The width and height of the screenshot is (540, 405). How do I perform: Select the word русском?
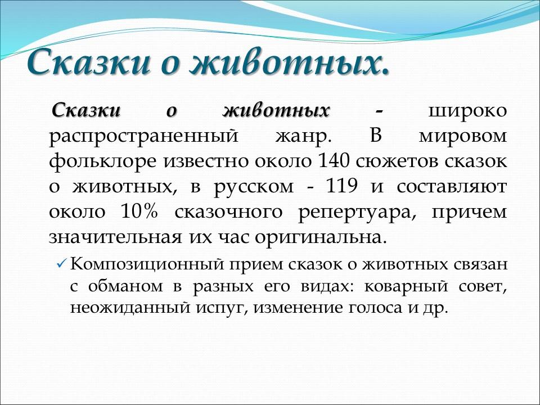(252, 187)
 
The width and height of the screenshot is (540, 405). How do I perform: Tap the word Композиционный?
(142, 263)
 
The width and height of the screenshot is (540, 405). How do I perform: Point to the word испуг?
(227, 309)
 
